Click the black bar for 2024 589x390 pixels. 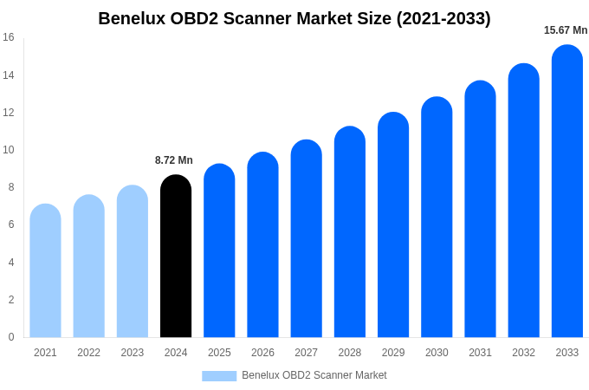point(176,257)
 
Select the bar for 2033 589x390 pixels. point(567,192)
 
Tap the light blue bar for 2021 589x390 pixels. point(45,271)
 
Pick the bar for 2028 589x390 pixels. point(350,232)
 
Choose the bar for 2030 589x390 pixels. point(437,218)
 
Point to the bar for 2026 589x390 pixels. point(262,245)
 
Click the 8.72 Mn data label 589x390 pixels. point(174,160)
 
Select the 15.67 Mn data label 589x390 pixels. point(566,30)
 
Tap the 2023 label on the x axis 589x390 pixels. point(133,353)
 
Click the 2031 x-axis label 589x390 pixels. point(480,353)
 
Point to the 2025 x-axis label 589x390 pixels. point(219,353)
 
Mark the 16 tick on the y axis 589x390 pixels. point(9,37)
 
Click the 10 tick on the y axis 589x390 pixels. point(9,150)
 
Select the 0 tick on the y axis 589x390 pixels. point(11,337)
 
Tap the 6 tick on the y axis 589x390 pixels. point(11,224)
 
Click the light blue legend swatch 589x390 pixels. point(219,376)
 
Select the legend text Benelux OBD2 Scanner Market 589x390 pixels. point(314,375)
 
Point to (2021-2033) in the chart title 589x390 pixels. point(443,18)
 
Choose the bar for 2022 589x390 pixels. point(88,266)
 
